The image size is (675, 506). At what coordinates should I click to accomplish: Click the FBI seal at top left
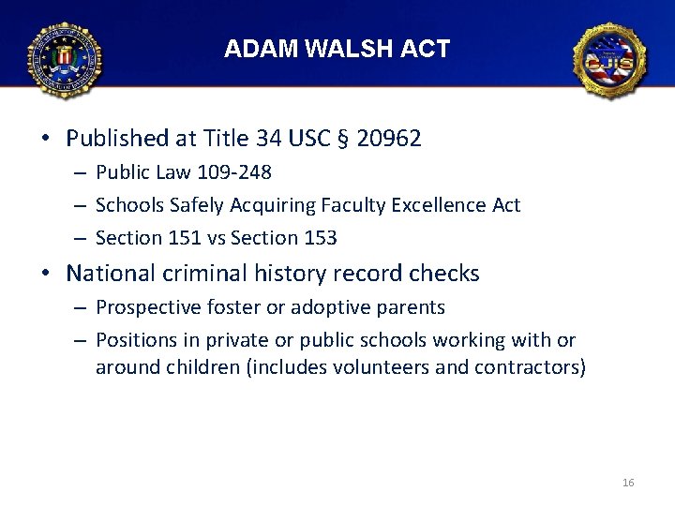click(64, 60)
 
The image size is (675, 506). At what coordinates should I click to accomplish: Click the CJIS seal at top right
click(610, 61)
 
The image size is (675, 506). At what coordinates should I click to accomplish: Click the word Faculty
click(355, 204)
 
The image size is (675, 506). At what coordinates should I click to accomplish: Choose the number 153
click(320, 238)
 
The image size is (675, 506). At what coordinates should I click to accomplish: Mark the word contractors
click(528, 366)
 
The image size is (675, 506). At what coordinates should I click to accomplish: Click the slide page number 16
click(628, 483)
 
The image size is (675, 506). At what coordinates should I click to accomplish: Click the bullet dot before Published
click(46, 140)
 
